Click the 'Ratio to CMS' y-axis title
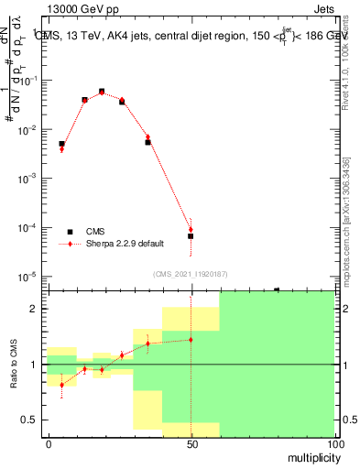[16, 364]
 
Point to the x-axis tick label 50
[191, 443]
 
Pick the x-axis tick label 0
[49, 443]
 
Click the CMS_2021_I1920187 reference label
[190, 274]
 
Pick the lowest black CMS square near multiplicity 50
[191, 236]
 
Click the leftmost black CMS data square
[61, 144]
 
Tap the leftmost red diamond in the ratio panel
[61, 385]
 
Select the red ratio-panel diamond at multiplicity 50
[191, 340]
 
